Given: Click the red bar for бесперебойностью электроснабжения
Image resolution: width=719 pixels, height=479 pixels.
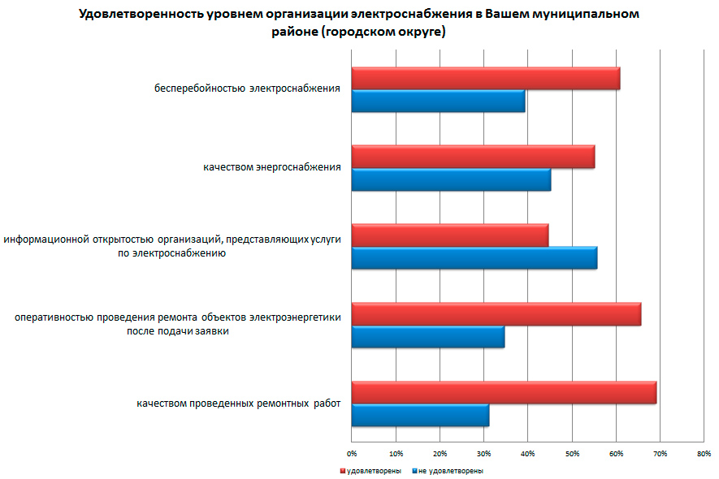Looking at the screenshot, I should point(485,79).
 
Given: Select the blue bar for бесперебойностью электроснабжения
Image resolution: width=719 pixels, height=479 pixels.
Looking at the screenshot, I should point(438,101).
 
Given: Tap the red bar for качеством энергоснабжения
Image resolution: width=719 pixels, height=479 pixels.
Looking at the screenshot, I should point(473,157).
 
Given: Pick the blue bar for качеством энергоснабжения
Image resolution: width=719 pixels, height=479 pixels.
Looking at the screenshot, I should point(451,179).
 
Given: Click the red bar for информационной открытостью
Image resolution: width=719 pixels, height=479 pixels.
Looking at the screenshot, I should point(449,235).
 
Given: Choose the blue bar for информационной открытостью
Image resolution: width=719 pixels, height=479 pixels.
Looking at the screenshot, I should point(474,257).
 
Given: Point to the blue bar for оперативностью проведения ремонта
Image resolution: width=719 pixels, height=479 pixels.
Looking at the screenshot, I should point(428,336).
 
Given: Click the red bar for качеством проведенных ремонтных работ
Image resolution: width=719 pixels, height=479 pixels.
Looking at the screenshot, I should point(504,392).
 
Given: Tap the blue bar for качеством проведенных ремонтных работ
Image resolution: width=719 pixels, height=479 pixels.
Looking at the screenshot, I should point(420,415).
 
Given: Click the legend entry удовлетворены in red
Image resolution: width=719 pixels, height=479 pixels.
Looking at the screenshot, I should point(373,471).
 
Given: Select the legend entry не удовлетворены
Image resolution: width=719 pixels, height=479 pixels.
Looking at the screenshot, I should point(451,471).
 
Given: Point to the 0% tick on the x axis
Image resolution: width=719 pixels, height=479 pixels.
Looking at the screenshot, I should point(352,453).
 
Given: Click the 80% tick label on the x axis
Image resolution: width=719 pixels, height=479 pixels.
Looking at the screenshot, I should point(704,453).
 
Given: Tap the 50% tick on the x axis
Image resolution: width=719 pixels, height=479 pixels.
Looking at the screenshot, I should point(572,453).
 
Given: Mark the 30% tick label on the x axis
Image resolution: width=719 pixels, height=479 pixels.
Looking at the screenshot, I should point(483,453).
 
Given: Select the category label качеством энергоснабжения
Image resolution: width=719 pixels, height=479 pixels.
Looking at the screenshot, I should point(272,168).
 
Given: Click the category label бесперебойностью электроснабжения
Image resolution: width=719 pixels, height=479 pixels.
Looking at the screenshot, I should point(248,88).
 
